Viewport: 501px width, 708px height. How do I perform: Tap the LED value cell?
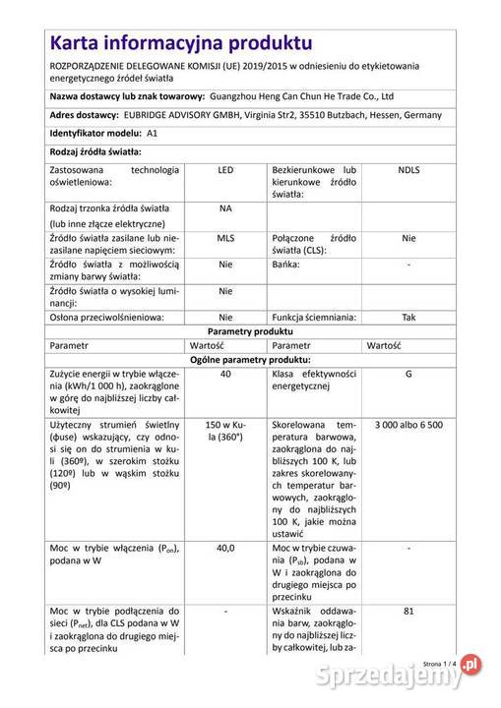tap(225, 170)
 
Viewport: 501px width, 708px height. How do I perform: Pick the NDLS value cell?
tap(408, 170)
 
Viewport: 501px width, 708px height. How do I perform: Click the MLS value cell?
tap(225, 238)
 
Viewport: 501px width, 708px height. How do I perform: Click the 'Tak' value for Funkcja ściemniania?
tap(408, 318)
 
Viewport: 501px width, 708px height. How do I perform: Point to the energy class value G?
tap(408, 375)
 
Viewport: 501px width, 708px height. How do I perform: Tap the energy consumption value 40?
tap(225, 375)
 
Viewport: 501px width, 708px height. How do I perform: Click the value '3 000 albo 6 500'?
tap(408, 424)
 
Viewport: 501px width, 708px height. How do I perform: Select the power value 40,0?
tap(225, 547)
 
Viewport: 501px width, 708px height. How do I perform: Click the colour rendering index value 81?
tap(408, 611)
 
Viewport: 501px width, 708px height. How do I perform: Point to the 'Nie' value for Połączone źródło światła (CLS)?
tap(408, 238)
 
